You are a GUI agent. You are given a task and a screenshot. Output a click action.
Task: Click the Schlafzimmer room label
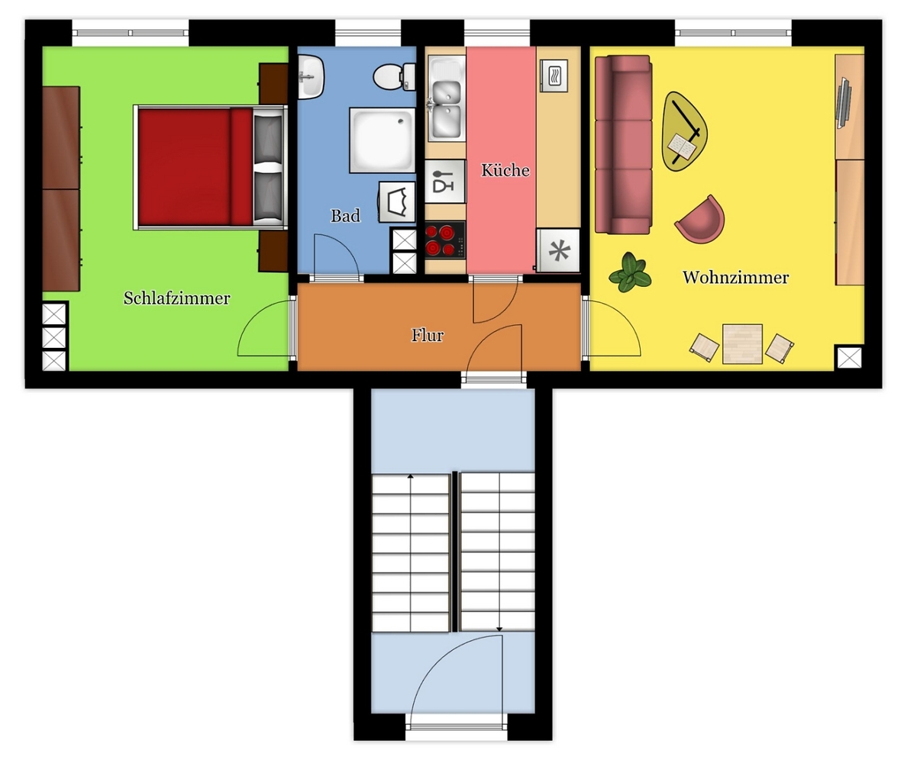pyautogui.click(x=176, y=298)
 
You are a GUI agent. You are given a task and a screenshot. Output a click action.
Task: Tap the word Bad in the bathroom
pyautogui.click(x=345, y=215)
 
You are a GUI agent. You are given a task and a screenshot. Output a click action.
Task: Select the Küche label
pyautogui.click(x=505, y=170)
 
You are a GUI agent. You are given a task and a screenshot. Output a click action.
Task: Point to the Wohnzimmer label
pyautogui.click(x=736, y=277)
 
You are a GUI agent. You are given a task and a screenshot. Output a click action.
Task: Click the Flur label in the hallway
pyautogui.click(x=428, y=335)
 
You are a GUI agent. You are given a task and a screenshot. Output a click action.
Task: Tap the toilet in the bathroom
pyautogui.click(x=394, y=76)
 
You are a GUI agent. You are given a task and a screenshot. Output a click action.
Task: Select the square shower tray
pyautogui.click(x=383, y=140)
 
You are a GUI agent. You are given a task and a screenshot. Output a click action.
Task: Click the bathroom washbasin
pyautogui.click(x=310, y=76)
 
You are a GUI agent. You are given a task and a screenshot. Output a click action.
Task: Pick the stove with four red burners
pyautogui.click(x=444, y=240)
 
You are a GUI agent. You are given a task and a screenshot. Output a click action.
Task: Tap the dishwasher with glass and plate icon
pyautogui.click(x=444, y=181)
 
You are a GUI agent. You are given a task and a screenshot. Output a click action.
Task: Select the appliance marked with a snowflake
pyautogui.click(x=558, y=250)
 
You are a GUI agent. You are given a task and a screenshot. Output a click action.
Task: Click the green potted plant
pyautogui.click(x=630, y=272)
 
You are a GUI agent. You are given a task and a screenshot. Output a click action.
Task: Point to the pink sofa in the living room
pyautogui.click(x=623, y=144)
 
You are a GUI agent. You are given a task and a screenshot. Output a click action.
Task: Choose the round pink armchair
pyautogui.click(x=700, y=220)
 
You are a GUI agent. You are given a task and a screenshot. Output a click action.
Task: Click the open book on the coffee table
pyautogui.click(x=682, y=145)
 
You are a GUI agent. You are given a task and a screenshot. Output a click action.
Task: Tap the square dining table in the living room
pyautogui.click(x=743, y=344)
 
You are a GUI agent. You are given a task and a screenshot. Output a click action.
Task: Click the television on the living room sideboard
pyautogui.click(x=844, y=102)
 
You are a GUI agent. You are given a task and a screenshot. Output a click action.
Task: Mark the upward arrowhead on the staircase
pyautogui.click(x=411, y=476)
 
